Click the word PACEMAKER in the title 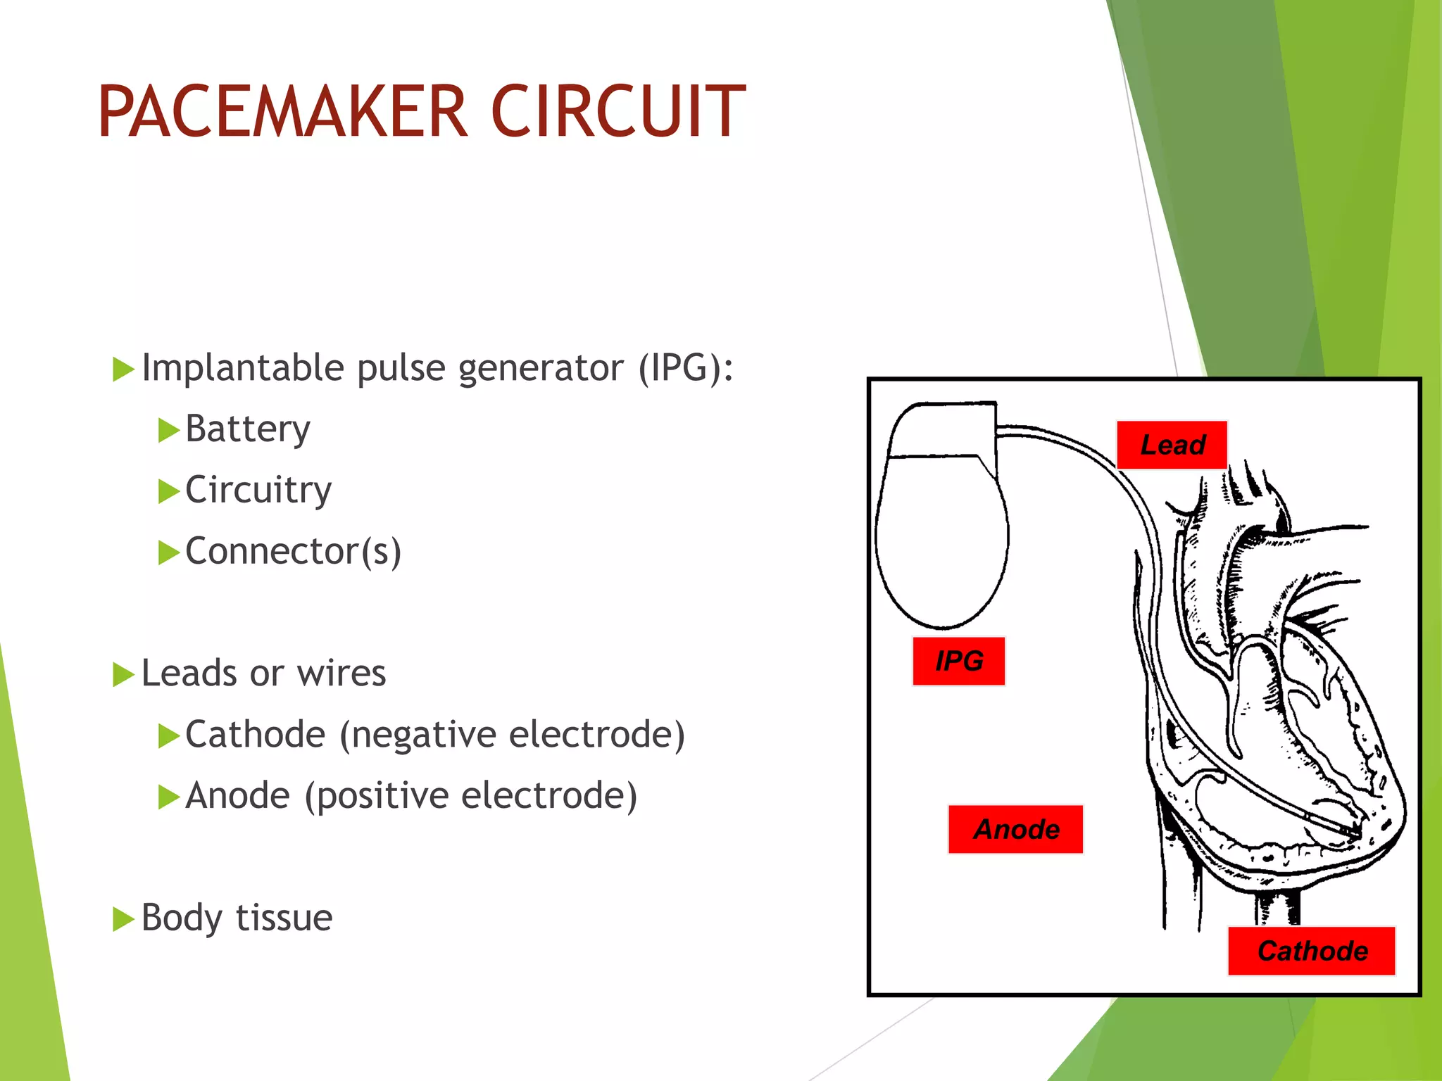click(282, 112)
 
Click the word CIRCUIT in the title click(617, 112)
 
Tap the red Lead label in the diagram click(1172, 445)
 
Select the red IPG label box click(958, 661)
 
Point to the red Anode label click(1015, 829)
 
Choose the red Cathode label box click(1312, 951)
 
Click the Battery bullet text click(247, 429)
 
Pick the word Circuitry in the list click(258, 490)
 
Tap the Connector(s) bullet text click(293, 551)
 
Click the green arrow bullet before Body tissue click(123, 918)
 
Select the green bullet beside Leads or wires click(123, 674)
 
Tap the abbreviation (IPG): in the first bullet click(685, 368)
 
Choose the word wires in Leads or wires click(341, 674)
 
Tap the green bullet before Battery click(168, 430)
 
